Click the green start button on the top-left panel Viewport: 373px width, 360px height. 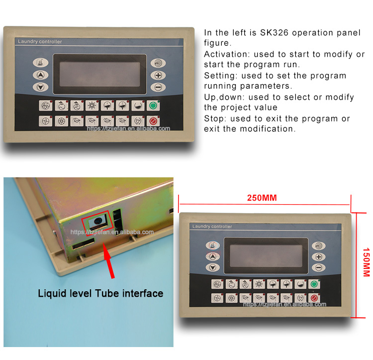pos(153,106)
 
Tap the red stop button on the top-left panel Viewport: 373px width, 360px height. pos(153,121)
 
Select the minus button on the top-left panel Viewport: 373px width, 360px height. pos(158,87)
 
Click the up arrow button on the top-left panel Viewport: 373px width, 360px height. pos(40,75)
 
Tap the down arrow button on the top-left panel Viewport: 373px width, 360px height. pos(40,87)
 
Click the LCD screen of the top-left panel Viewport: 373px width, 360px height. pos(99,74)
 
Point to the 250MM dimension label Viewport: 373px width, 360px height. pos(262,198)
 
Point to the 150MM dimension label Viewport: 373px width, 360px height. pos(366,262)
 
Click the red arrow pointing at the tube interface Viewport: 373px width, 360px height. pos(109,261)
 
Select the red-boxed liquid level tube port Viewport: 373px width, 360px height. pos(98,222)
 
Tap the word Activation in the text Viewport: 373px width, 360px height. pos(227,54)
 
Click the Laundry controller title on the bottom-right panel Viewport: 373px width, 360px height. pos(212,227)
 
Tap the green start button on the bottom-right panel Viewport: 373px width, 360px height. pos(314,284)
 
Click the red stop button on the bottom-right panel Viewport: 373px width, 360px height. pos(314,298)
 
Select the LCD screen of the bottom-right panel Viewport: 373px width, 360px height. pos(266,256)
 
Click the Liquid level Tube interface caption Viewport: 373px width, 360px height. pos(100,294)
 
